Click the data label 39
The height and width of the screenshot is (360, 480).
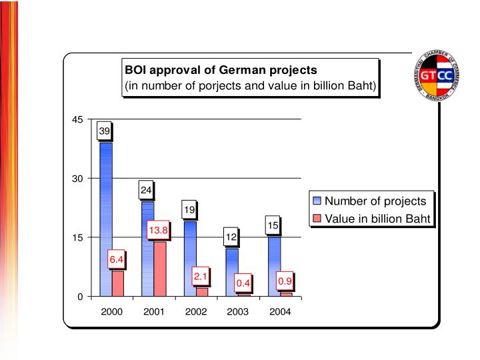[105, 131]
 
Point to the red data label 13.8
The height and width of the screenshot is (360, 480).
[159, 231]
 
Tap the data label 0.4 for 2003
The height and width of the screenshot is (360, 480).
[243, 283]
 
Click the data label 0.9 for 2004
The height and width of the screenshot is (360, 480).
[285, 281]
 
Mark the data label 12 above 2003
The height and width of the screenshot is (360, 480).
[231, 236]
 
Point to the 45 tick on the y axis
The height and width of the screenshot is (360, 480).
[77, 120]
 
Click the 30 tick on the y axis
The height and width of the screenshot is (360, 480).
[77, 179]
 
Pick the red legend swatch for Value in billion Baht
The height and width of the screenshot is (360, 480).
[317, 218]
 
